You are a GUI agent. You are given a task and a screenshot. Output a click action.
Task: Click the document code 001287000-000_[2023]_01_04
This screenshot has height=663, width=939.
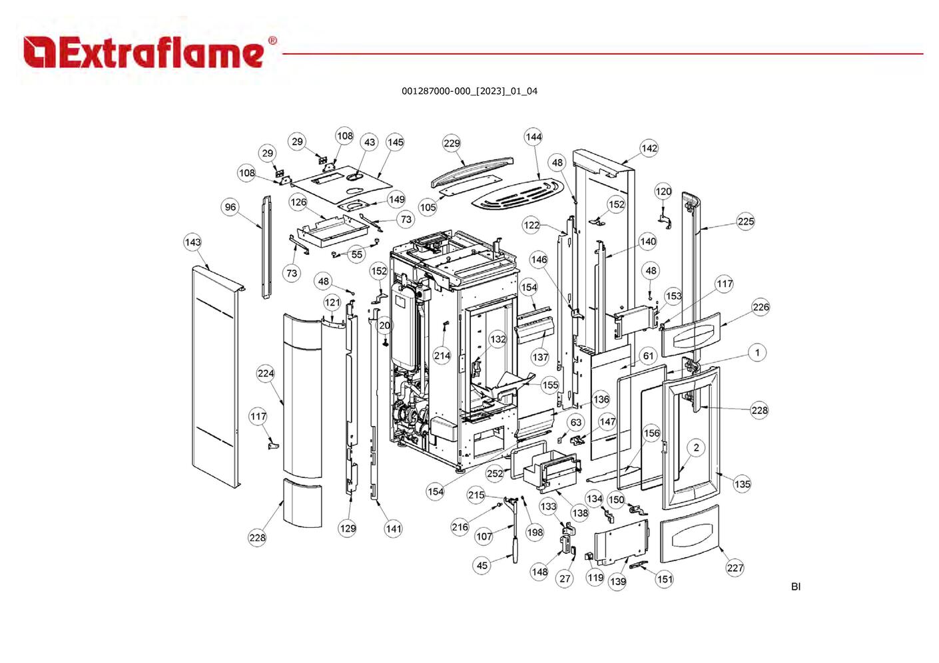tap(469, 91)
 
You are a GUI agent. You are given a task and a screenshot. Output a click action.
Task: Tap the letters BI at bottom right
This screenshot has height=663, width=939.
tap(795, 586)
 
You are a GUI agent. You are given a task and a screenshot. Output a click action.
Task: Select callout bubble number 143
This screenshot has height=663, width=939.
tap(192, 242)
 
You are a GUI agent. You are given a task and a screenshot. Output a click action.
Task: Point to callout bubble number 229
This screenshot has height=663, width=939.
tap(452, 143)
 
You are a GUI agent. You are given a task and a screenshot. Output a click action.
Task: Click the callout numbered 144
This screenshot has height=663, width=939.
tap(533, 137)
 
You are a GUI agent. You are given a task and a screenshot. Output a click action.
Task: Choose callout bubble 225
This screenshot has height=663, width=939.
tap(746, 222)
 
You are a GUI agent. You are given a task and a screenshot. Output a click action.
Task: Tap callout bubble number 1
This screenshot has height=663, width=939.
tap(757, 352)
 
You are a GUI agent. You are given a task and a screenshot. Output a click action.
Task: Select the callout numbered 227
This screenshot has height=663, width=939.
tap(735, 568)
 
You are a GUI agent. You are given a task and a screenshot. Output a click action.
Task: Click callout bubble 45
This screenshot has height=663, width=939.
tap(482, 565)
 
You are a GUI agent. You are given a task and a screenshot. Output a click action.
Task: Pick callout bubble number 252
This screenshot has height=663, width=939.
tap(495, 473)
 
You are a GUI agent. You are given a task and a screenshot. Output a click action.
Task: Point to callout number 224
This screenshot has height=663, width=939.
tap(266, 373)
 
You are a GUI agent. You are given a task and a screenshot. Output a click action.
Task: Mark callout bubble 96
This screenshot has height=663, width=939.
tap(230, 207)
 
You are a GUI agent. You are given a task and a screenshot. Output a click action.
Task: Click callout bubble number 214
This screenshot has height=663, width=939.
tap(442, 355)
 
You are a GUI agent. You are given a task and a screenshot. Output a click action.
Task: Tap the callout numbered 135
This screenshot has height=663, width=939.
tap(742, 484)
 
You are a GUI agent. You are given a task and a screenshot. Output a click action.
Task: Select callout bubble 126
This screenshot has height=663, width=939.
tap(298, 202)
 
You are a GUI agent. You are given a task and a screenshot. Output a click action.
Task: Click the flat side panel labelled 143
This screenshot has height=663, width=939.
tap(213, 373)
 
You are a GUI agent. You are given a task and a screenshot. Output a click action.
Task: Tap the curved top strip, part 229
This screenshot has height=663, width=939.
tap(473, 169)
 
